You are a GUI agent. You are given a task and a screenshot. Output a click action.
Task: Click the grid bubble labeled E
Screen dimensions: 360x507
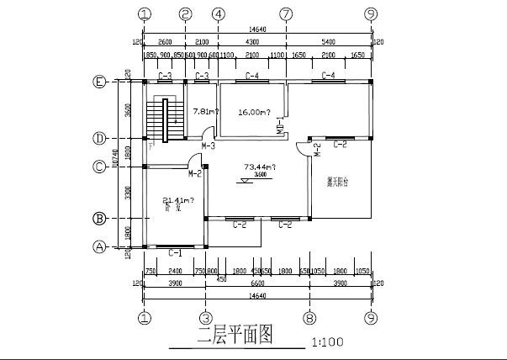point(99,82)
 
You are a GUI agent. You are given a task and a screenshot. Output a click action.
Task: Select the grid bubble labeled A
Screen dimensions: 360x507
point(99,246)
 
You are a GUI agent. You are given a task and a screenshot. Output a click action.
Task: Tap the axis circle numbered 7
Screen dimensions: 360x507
point(287,14)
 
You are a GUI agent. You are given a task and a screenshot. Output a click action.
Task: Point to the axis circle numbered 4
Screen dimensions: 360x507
point(219,14)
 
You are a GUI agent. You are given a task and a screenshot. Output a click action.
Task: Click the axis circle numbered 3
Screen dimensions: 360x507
point(205,319)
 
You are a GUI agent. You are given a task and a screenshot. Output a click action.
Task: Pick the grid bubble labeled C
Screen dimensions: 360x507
point(99,166)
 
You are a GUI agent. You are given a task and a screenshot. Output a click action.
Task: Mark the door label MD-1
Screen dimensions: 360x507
point(280,127)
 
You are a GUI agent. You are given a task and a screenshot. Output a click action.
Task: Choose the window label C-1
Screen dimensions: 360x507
point(176,252)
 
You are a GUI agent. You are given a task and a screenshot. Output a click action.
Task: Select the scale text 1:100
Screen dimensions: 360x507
point(327,343)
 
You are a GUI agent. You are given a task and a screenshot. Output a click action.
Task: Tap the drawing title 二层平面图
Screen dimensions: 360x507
point(235,335)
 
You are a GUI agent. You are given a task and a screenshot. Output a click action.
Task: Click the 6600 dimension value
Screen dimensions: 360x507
point(258,284)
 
